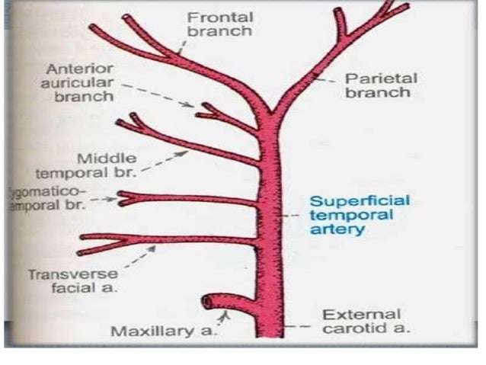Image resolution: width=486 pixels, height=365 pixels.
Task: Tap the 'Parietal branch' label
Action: (378, 85)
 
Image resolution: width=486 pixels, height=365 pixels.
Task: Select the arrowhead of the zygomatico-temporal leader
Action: (117, 199)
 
